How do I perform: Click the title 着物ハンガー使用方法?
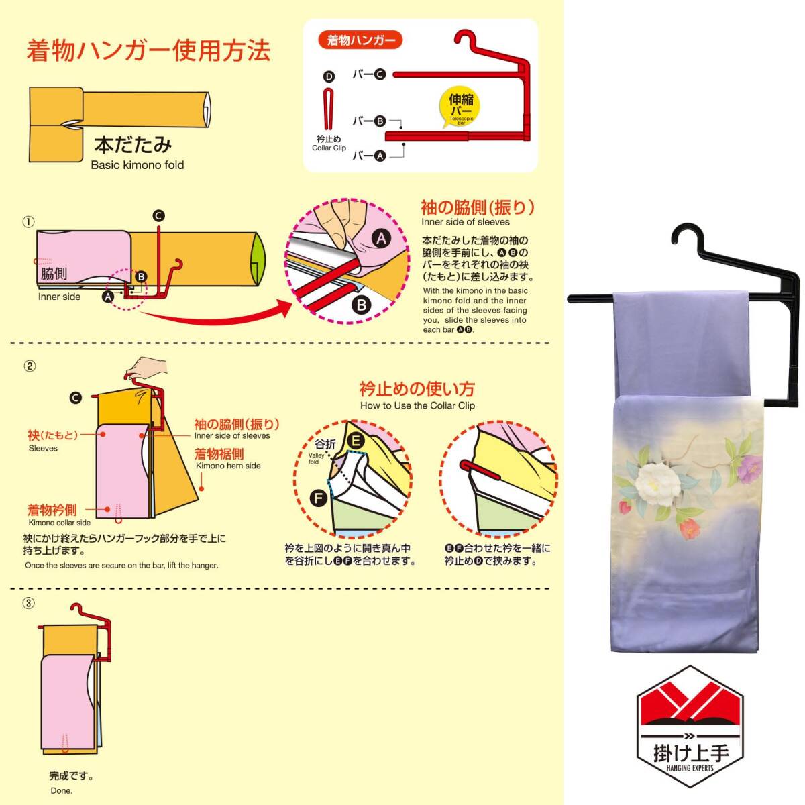[148, 51]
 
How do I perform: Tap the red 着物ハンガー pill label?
[361, 40]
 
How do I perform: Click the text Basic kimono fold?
[137, 165]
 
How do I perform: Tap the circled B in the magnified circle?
[362, 305]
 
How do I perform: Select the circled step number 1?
[28, 222]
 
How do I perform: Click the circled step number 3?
[28, 603]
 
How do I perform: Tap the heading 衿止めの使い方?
[417, 389]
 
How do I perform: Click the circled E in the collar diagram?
[355, 441]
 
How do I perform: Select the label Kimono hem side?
[228, 466]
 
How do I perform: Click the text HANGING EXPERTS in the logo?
[690, 767]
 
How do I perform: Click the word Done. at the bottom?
[61, 790]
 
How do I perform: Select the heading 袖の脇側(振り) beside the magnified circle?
[477, 207]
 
